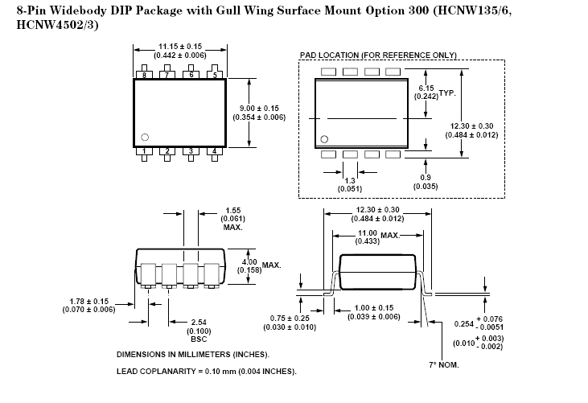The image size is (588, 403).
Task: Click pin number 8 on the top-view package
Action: pos(144,75)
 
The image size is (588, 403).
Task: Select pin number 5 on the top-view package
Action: pos(214,75)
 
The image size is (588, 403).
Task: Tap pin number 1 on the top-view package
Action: pos(144,151)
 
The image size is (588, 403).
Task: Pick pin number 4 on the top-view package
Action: pos(214,151)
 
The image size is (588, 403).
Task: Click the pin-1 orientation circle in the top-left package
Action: pos(145,137)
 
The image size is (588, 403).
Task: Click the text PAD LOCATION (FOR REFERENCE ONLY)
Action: pos(378,55)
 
